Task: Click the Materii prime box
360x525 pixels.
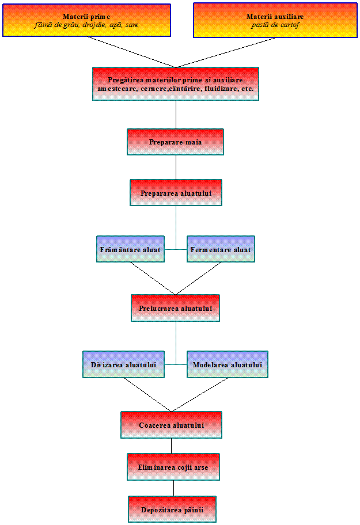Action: pos(86,20)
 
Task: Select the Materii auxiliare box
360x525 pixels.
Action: pos(275,20)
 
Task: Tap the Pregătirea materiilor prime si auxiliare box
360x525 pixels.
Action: pos(176,84)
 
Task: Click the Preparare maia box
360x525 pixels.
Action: pos(175,142)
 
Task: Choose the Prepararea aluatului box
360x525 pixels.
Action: pos(176,192)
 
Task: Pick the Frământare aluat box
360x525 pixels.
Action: pos(130,249)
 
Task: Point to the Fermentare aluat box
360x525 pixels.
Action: pos(221,249)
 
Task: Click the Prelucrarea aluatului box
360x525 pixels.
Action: pos(175,308)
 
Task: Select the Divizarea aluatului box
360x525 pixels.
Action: pos(123,364)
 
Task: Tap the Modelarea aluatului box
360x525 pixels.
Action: pos(228,364)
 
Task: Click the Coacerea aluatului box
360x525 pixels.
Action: pos(171,425)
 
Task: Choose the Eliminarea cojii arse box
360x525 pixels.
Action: pos(173,467)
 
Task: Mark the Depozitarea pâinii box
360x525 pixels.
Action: pos(172,509)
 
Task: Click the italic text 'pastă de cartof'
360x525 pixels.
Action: pos(275,25)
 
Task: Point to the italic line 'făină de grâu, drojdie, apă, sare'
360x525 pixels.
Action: pos(86,25)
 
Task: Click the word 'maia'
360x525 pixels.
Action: pos(194,142)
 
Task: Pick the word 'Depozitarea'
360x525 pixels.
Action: pos(161,509)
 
